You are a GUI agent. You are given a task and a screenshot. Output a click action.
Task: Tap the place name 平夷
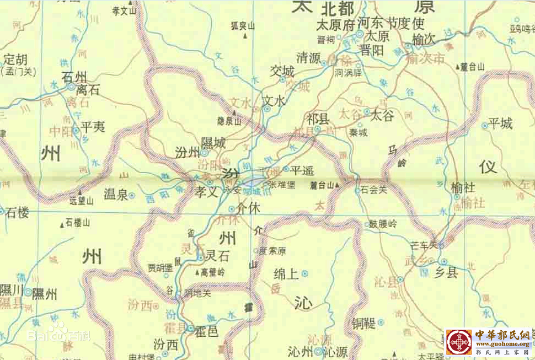pos(92,127)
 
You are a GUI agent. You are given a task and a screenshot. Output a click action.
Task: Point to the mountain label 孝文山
pos(124,10)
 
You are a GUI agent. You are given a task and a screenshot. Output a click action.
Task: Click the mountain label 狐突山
pos(243,26)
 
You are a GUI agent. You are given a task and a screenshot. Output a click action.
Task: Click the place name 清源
pos(308,57)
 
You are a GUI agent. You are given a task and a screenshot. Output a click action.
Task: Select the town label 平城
pos(500,123)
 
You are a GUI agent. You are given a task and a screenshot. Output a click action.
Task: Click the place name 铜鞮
pos(364,323)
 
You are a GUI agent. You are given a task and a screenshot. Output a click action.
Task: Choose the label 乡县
pos(447,272)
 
